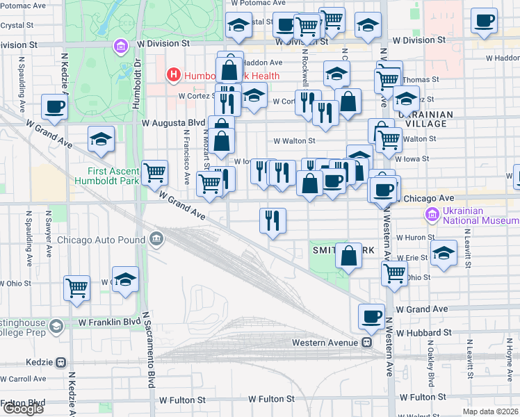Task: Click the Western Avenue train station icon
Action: click(x=366, y=342)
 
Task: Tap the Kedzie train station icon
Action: click(x=61, y=362)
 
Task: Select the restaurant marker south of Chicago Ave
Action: click(x=273, y=221)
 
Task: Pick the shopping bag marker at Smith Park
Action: click(x=348, y=256)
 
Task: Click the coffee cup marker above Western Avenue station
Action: click(x=371, y=317)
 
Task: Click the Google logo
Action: click(x=23, y=409)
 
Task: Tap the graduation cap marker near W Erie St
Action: click(x=443, y=254)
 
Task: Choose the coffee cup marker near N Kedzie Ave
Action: click(x=54, y=107)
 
